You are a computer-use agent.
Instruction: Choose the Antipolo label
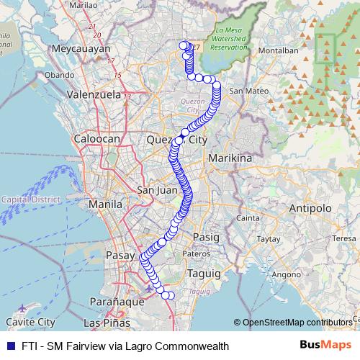point(308,208)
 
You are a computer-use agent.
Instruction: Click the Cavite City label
point(30,322)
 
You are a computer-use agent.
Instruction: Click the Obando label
point(59,74)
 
